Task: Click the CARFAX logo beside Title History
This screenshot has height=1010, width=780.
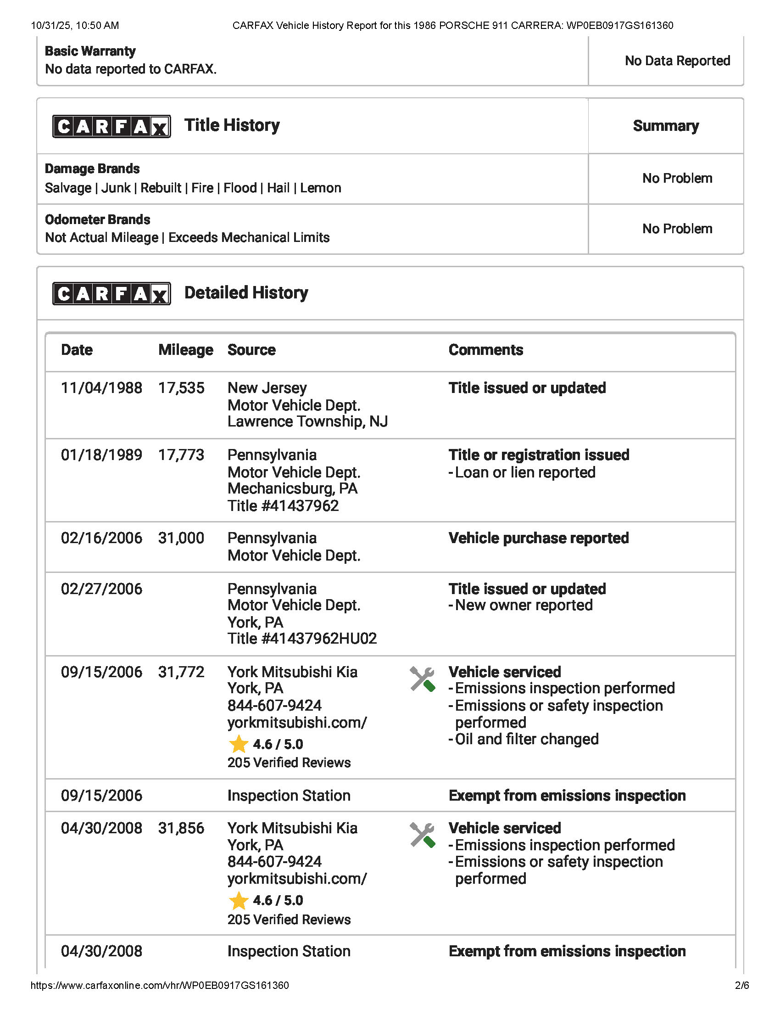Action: point(111,126)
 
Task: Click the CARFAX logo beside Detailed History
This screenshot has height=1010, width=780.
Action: point(111,293)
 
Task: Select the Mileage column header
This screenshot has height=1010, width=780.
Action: point(186,350)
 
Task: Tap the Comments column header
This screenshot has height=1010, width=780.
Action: point(485,350)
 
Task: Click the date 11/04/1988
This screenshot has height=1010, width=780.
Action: point(102,388)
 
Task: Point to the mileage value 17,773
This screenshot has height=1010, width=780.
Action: point(181,455)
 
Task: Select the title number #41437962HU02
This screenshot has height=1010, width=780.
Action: point(302,639)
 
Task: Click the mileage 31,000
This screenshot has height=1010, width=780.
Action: point(181,539)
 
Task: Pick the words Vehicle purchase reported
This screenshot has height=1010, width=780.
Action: point(538,539)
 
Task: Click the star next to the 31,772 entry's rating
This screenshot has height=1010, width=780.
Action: point(239,744)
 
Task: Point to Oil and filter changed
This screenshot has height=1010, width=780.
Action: point(526,739)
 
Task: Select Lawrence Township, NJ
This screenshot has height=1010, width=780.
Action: point(307,422)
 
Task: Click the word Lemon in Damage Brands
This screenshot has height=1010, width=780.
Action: point(321,188)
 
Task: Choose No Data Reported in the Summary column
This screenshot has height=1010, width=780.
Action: point(677,61)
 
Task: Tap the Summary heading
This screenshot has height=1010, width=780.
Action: point(665,126)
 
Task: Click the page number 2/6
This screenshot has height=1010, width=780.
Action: point(741,986)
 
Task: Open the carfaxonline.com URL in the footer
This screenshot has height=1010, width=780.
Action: point(160,986)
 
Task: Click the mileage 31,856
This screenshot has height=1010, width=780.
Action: point(181,828)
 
